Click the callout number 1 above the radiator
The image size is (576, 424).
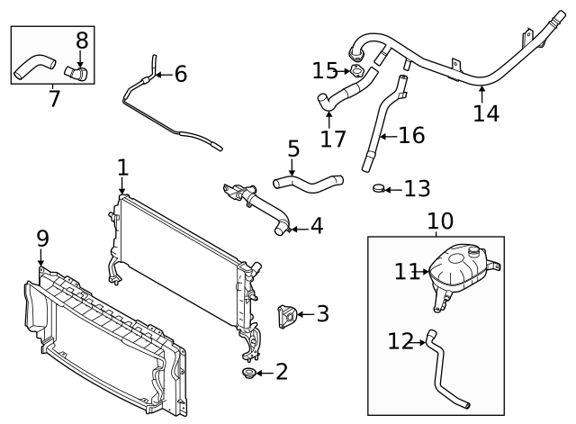tap(122, 167)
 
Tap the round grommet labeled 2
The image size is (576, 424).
tap(247, 374)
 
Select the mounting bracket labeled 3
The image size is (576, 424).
tap(285, 317)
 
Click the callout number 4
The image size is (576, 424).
tap(316, 226)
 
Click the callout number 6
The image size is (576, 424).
tap(180, 74)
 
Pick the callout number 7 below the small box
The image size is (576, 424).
tap(54, 98)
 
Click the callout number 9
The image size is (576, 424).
tap(41, 238)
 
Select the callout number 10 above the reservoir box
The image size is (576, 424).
tap(440, 220)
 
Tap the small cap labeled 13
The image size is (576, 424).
tap(381, 189)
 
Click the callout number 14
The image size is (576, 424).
tap(485, 113)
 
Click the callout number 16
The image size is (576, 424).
tap(410, 136)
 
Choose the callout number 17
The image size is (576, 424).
tap(332, 140)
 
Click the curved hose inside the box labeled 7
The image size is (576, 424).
tap(31, 64)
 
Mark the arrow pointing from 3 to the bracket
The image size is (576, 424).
tap(302, 314)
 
